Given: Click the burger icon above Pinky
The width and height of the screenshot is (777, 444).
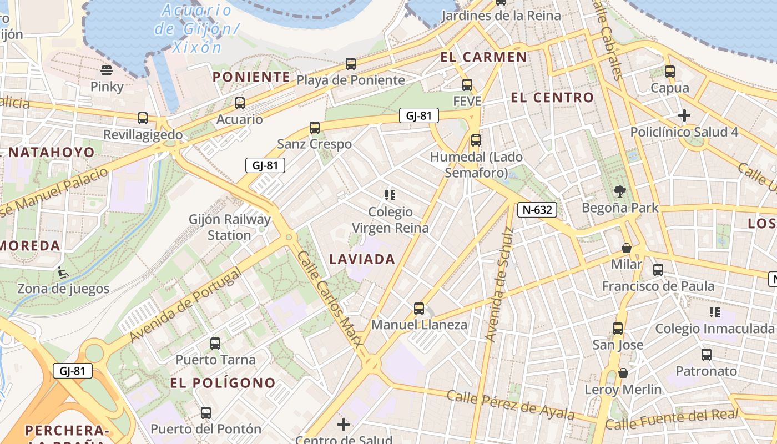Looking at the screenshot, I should pos(107,70).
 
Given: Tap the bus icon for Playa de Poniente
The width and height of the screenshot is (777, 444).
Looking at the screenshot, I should pos(351,64).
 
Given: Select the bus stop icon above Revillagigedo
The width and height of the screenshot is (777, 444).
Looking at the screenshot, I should pos(143,118).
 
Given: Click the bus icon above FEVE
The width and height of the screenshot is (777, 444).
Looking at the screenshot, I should pos(467,85).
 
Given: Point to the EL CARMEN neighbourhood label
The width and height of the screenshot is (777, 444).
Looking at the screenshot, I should pos(483,57).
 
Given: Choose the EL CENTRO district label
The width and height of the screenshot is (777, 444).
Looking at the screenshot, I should pos(552,98).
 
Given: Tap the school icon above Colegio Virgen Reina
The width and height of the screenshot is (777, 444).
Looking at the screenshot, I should pos(390,195).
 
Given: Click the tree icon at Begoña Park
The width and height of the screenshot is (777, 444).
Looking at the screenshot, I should pos(619,191).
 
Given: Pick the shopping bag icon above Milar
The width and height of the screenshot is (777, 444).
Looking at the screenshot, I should pos(627,248).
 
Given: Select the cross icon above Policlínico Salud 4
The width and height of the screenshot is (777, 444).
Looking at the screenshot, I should pos(684,115).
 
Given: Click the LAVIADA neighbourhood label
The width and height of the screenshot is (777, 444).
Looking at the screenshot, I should pos(362,259).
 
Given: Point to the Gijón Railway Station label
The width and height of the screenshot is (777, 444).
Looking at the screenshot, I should pos(229,227).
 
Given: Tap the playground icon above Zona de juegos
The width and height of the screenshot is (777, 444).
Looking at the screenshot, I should pos(63,273).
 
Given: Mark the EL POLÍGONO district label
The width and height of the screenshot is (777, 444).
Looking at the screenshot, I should pos(223,382).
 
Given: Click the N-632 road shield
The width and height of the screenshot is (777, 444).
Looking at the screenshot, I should pos(537,209).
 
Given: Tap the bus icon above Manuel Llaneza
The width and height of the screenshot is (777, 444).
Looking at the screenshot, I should pos(419,309).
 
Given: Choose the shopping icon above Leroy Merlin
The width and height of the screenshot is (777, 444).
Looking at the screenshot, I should pos(623,373).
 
